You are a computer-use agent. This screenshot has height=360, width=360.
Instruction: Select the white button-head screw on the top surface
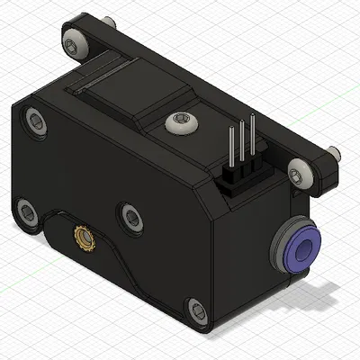pyautogui.click(x=180, y=121)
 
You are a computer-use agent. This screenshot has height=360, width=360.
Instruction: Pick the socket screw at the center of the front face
pyautogui.click(x=131, y=216)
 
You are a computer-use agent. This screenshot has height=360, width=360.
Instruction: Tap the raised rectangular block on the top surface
pyautogui.click(x=135, y=90)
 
